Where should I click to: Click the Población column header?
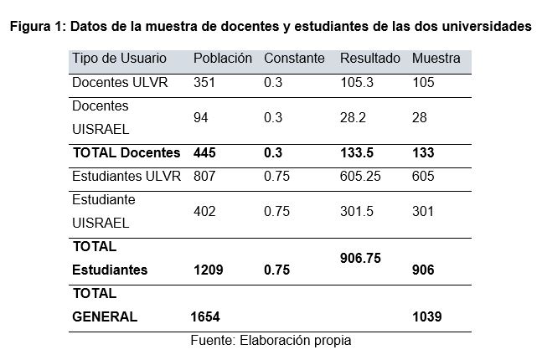point(222,59)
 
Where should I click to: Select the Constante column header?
point(293,59)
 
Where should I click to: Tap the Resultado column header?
point(369,59)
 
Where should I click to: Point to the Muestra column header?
point(436,59)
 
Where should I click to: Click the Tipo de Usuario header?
point(119,59)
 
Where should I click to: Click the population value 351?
point(204,84)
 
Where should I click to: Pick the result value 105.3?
point(355,84)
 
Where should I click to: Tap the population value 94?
point(200,118)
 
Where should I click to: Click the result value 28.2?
point(352,118)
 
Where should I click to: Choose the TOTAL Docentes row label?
point(126,152)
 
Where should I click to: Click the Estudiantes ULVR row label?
point(126,177)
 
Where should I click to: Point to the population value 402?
point(204,211)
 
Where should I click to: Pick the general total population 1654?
point(206,317)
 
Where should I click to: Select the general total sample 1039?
point(426,317)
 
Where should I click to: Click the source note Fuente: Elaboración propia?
point(271,341)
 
